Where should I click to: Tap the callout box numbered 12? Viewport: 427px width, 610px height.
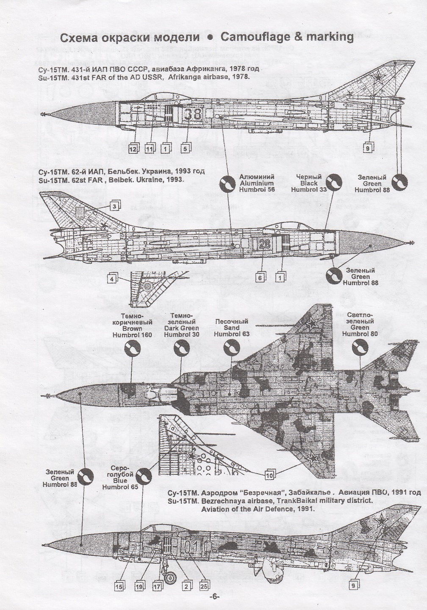point(133,149)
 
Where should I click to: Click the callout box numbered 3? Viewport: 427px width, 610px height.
point(114,206)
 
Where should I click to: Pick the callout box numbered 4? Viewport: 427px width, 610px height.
point(111,279)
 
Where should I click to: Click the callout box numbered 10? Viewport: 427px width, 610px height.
point(269,475)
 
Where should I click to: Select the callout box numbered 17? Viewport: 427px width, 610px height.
point(157,586)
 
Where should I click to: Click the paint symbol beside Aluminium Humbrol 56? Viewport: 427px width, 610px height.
point(227,184)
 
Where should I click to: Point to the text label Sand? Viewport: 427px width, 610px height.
point(231,327)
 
